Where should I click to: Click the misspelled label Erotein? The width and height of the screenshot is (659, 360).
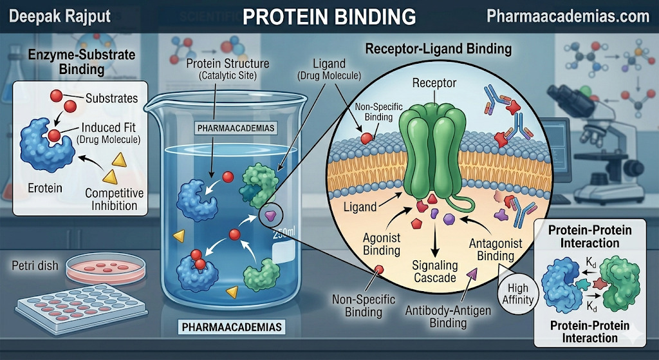[x=45, y=187]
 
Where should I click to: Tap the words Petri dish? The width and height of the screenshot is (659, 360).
[x=36, y=265]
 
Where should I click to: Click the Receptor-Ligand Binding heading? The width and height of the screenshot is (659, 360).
[x=438, y=49]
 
